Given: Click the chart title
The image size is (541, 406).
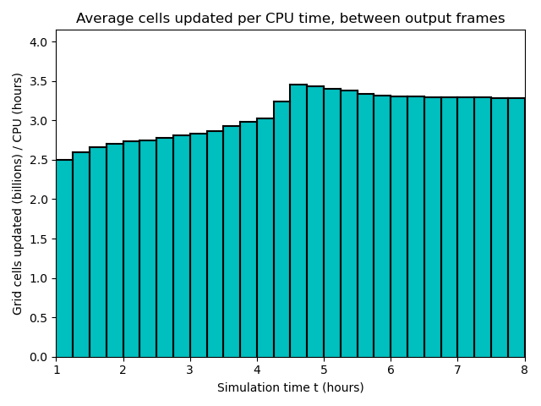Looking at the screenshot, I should click(x=290, y=19).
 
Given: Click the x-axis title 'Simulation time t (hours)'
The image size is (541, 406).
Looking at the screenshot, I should click(x=290, y=387).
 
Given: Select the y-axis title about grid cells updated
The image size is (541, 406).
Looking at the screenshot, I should click(x=18, y=194).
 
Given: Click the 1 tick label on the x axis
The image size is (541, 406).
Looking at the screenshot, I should click(x=57, y=370).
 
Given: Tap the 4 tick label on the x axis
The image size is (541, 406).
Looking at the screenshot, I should click(x=257, y=370).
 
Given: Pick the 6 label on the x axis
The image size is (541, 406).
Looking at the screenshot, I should click(x=391, y=370).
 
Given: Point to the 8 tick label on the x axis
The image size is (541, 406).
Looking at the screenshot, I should click(x=524, y=370).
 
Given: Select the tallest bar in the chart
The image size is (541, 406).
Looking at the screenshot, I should click(x=298, y=221).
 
